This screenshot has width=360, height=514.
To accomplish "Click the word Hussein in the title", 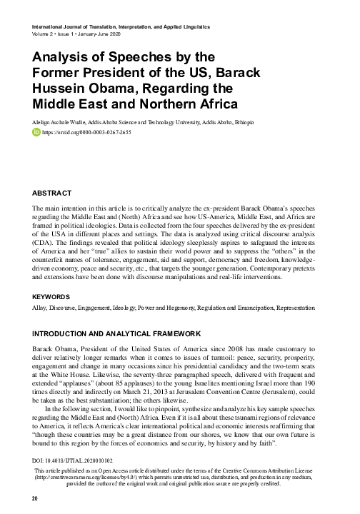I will point(61,89).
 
